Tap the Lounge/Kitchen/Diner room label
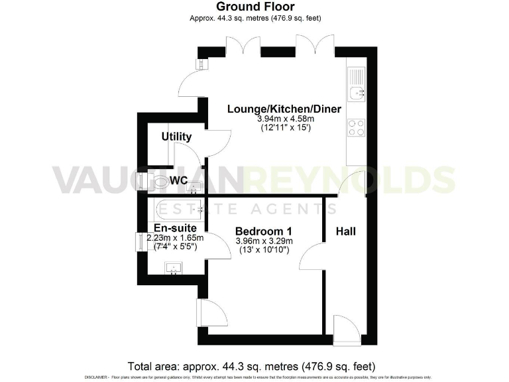275,109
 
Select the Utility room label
176,137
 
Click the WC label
178,180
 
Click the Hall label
345,231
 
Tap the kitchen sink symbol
357,92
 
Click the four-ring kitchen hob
356,127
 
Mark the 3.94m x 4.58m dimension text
275,119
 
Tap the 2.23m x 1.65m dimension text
175,238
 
